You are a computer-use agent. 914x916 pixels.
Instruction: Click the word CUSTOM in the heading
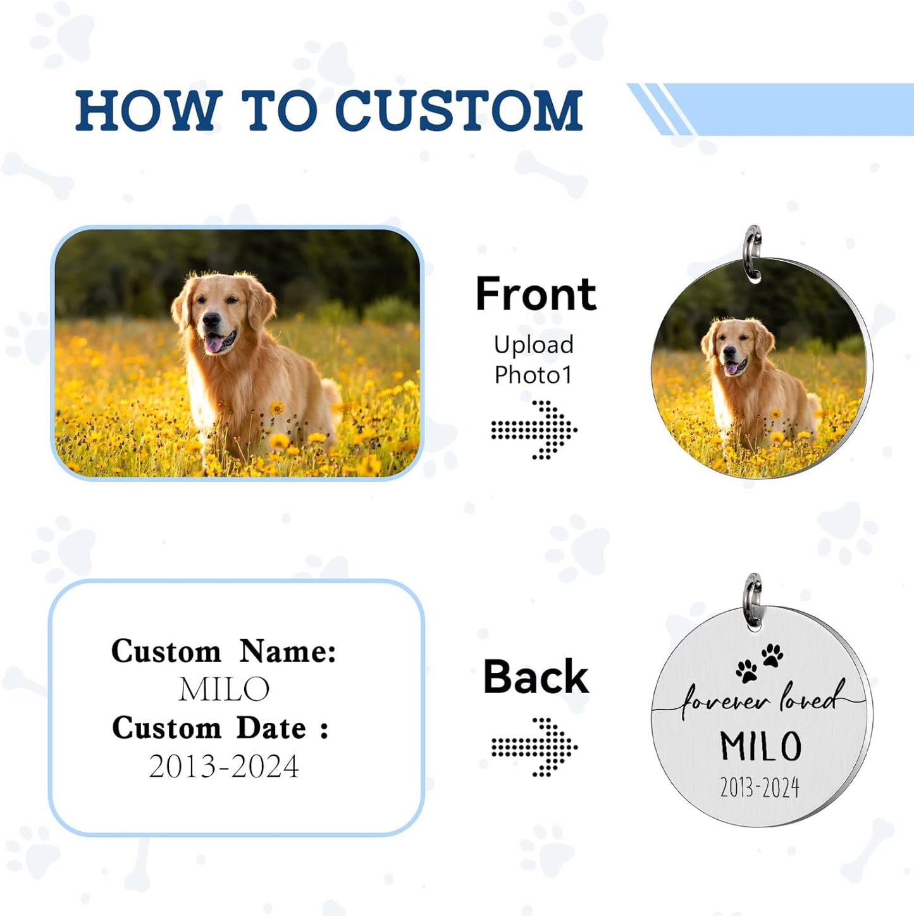pyautogui.click(x=458, y=111)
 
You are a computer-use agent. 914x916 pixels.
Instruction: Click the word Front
pyautogui.click(x=536, y=294)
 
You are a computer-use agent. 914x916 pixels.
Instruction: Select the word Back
pyautogui.click(x=536, y=677)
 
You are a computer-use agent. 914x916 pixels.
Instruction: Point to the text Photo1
pyautogui.click(x=533, y=375)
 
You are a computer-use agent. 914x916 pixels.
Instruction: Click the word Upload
pyautogui.click(x=534, y=345)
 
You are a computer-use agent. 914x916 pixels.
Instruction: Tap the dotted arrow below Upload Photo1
pyautogui.click(x=534, y=430)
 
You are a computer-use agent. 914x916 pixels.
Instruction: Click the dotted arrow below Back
pyautogui.click(x=534, y=747)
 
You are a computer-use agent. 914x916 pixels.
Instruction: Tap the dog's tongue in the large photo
pyautogui.click(x=214, y=344)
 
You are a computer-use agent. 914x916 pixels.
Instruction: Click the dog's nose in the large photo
pyautogui.click(x=209, y=320)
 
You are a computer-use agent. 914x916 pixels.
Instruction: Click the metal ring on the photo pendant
pyautogui.click(x=753, y=252)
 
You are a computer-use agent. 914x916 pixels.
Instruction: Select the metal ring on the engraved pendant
pyautogui.click(x=753, y=601)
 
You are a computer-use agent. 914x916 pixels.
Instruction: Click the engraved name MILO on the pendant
pyautogui.click(x=761, y=746)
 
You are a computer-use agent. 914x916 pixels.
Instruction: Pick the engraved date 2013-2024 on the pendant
pyautogui.click(x=760, y=788)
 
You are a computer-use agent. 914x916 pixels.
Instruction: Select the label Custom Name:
pyautogui.click(x=224, y=651)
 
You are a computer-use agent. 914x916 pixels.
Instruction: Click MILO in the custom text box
pyautogui.click(x=225, y=689)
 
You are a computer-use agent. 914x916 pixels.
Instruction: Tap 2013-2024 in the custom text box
pyautogui.click(x=224, y=767)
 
